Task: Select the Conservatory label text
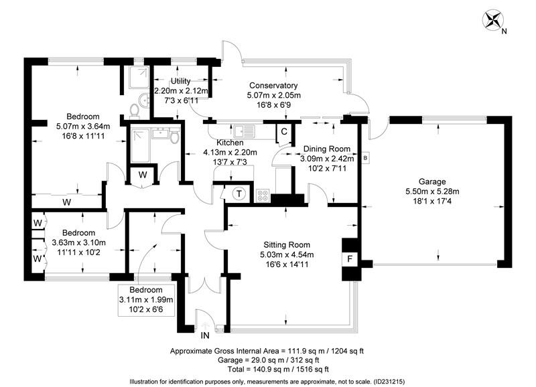click(273, 86)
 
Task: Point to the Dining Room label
click(326, 149)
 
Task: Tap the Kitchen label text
click(230, 143)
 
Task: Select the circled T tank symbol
click(239, 194)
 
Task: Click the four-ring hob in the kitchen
click(262, 196)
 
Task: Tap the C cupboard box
click(284, 131)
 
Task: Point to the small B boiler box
click(365, 158)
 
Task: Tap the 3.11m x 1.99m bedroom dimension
click(145, 300)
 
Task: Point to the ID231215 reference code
click(385, 380)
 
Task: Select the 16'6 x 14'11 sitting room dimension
click(287, 264)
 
